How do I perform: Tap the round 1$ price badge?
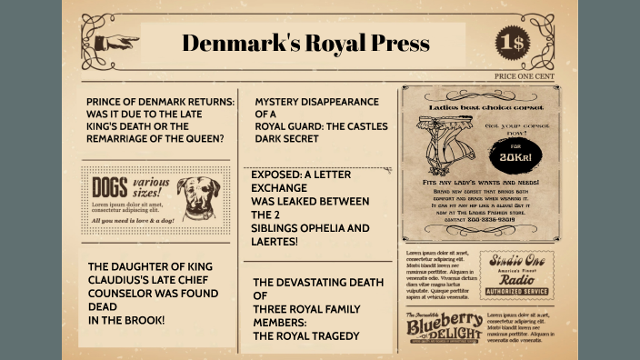[512, 42]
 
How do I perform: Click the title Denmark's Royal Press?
[305, 43]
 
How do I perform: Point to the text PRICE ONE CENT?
[525, 76]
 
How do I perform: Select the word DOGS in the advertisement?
[110, 189]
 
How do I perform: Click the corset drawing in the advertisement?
[449, 142]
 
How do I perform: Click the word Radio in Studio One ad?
[515, 277]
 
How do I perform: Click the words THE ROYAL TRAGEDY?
[305, 335]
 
